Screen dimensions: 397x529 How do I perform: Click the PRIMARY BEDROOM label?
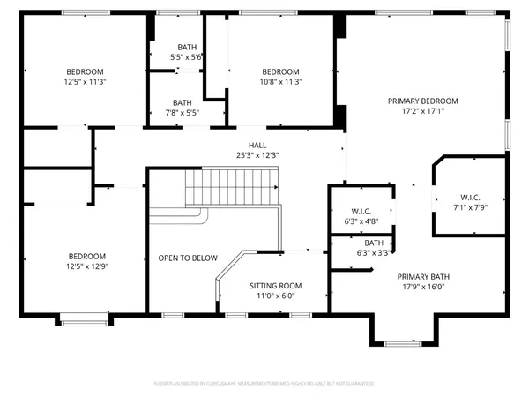(422, 101)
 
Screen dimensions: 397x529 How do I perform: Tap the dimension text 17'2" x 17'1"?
(422, 112)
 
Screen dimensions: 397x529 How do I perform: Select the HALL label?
(257, 145)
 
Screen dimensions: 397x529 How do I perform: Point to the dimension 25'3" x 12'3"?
(257, 156)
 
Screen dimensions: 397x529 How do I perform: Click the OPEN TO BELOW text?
(188, 258)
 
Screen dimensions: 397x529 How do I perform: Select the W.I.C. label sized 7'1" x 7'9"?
(470, 197)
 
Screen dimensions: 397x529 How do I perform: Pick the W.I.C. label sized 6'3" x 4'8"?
(361, 211)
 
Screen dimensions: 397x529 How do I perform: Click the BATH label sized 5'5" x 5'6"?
(187, 47)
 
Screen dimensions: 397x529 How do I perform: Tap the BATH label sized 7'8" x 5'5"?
(183, 102)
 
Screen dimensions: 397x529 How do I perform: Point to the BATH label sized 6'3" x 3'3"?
(374, 243)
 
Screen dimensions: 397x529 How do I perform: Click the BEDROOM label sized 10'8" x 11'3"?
(280, 71)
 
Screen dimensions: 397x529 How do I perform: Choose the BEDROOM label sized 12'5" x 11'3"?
(86, 71)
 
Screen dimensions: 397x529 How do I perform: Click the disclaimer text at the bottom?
(264, 384)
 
